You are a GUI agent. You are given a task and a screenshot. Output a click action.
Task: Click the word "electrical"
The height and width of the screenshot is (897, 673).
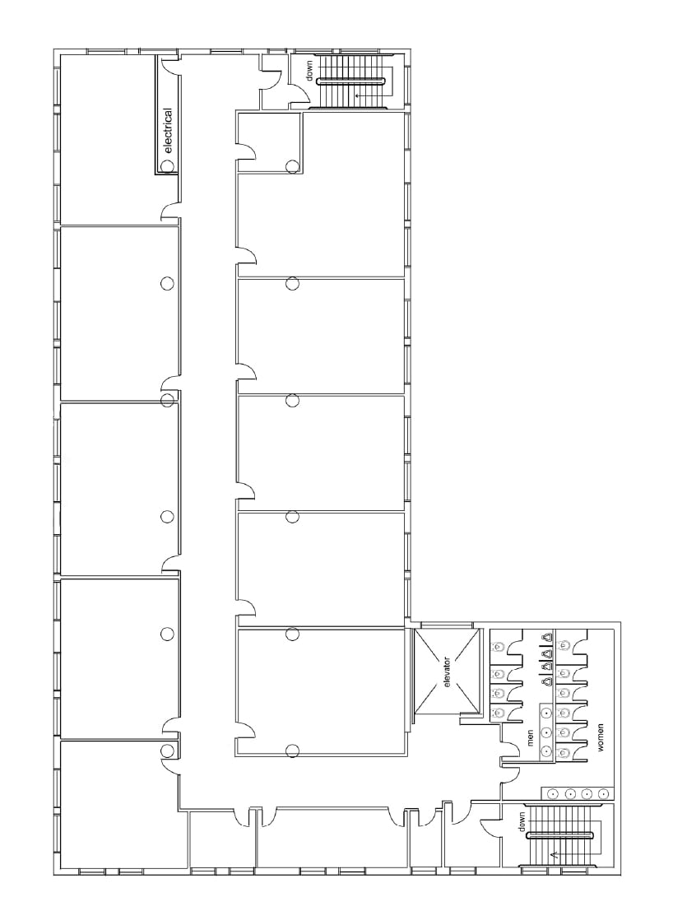coord(169,131)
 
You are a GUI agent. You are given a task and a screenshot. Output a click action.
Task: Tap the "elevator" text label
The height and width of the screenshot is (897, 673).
coord(447,672)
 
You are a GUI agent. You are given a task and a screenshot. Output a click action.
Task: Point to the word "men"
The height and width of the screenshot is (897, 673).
coord(530,737)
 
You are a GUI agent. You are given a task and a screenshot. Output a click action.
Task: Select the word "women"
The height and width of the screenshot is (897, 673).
coord(601,737)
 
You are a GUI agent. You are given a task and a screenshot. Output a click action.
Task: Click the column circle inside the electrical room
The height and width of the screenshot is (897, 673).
coord(167,166)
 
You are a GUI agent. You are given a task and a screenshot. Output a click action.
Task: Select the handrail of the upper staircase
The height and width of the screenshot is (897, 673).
coord(351,81)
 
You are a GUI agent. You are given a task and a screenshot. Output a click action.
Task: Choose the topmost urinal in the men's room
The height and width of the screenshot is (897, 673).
coord(547,638)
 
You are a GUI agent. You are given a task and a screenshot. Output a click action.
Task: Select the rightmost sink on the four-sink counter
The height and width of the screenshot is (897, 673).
coord(603,793)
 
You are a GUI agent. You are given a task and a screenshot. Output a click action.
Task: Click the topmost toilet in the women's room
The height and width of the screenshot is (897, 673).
coord(564,646)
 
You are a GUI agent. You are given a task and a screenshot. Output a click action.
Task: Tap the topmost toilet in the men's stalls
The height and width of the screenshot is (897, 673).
coord(497,646)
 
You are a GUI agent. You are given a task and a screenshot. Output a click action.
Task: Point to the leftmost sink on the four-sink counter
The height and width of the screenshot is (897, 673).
coord(553,793)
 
